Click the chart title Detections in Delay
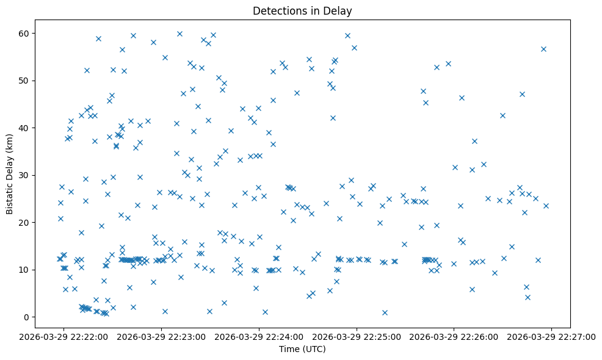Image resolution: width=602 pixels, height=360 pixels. pos(302,11)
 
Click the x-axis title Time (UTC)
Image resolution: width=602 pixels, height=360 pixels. pos(302,350)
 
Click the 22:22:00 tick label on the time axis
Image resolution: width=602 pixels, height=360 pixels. pos(64,336)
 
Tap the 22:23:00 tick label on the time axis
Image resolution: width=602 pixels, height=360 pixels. pos(162,336)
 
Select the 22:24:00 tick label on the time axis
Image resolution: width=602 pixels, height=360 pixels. pos(259,336)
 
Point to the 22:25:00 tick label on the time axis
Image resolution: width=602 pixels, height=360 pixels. pos(357,336)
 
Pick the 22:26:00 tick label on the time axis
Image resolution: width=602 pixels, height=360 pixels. pos(454,336)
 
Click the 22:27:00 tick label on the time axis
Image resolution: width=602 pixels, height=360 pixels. pos(551,336)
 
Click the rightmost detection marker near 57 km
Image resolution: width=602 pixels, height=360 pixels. pos(543,49)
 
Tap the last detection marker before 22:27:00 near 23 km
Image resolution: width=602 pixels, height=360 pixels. pos(546,206)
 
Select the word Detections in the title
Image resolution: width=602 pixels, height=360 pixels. pos(277,11)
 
